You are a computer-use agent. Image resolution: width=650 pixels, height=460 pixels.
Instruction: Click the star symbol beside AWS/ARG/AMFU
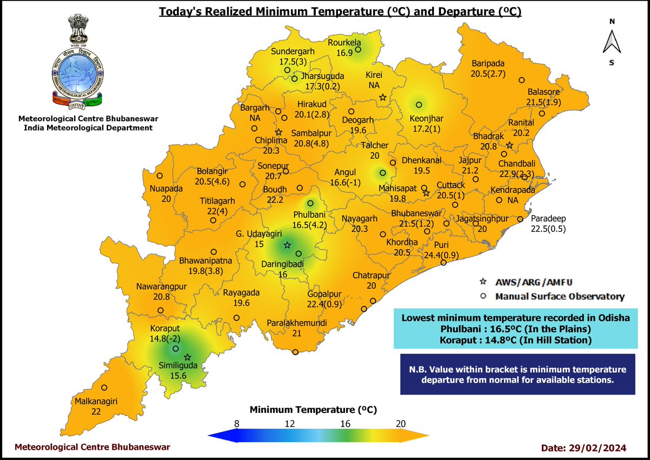click(484, 282)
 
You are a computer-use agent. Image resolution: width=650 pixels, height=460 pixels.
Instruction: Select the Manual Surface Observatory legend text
click(560, 296)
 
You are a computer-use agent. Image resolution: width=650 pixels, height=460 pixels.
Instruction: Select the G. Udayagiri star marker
click(287, 245)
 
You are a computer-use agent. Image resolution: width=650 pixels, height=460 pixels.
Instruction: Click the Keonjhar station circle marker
click(418, 105)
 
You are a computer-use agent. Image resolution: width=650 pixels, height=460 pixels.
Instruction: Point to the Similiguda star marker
click(187, 357)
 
